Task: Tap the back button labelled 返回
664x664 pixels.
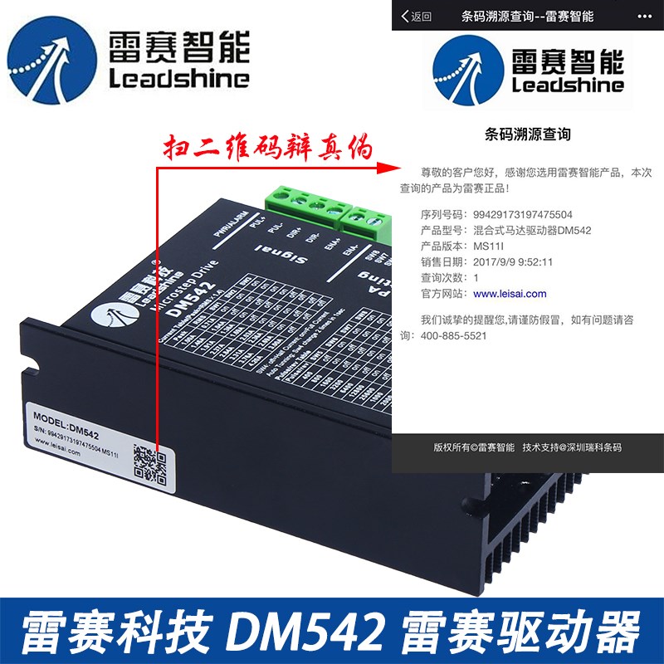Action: (416, 16)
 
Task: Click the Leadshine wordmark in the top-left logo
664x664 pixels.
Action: (178, 79)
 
